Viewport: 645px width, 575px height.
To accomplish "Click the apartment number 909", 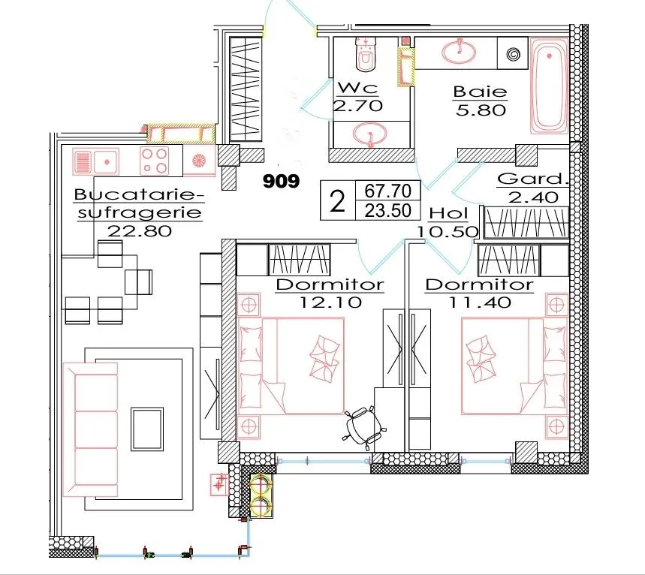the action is [282, 181].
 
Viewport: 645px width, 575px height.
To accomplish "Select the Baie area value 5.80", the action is [481, 110].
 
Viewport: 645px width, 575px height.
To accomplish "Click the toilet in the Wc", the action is [366, 53].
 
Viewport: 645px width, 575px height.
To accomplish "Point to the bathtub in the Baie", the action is [549, 86].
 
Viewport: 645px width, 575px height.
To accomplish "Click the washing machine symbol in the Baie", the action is [513, 54].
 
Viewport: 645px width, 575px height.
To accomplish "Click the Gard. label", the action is [532, 179].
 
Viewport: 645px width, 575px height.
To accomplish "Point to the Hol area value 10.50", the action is [448, 231].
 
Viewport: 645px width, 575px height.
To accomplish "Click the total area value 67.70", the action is [388, 191].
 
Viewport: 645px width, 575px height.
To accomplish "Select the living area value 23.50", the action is [388, 211].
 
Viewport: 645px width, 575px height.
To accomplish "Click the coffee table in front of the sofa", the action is [147, 429].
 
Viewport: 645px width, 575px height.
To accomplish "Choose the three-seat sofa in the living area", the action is [91, 429].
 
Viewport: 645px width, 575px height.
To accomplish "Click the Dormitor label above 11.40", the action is [480, 284].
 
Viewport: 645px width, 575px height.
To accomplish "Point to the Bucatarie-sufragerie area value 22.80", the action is [140, 230].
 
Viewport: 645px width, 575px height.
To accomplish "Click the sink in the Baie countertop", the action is [459, 51].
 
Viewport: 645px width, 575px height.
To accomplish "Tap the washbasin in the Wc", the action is [370, 134].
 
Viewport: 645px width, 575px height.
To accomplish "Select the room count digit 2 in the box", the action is [337, 200].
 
